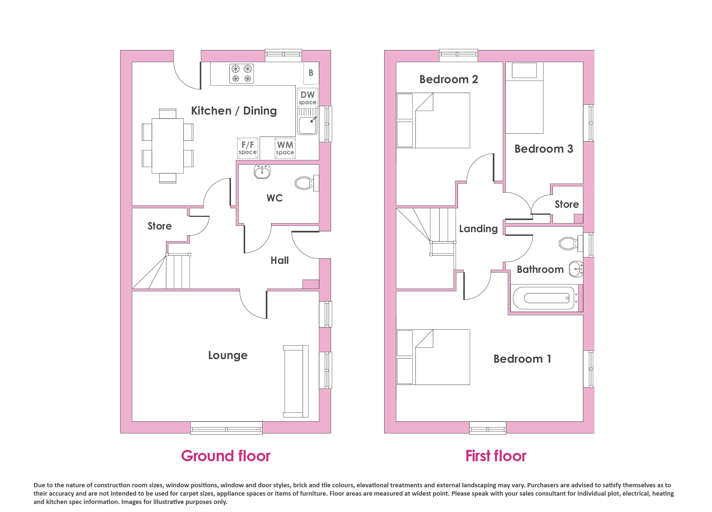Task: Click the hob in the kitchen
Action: click(x=242, y=73)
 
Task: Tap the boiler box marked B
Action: click(x=311, y=73)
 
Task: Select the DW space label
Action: click(x=307, y=98)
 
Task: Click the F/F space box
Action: click(x=248, y=148)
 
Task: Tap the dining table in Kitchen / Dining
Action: click(x=168, y=146)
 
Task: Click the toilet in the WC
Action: click(x=307, y=183)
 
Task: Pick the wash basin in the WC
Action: click(x=262, y=171)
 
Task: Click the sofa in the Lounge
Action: click(x=296, y=381)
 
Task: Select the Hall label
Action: click(x=280, y=261)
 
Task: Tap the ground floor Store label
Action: click(x=160, y=226)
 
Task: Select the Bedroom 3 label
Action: click(x=544, y=149)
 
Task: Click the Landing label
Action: click(x=478, y=229)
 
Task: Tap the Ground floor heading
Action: click(x=226, y=456)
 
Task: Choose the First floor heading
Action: click(x=496, y=456)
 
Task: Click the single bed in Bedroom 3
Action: click(x=524, y=98)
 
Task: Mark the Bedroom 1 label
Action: click(x=522, y=359)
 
